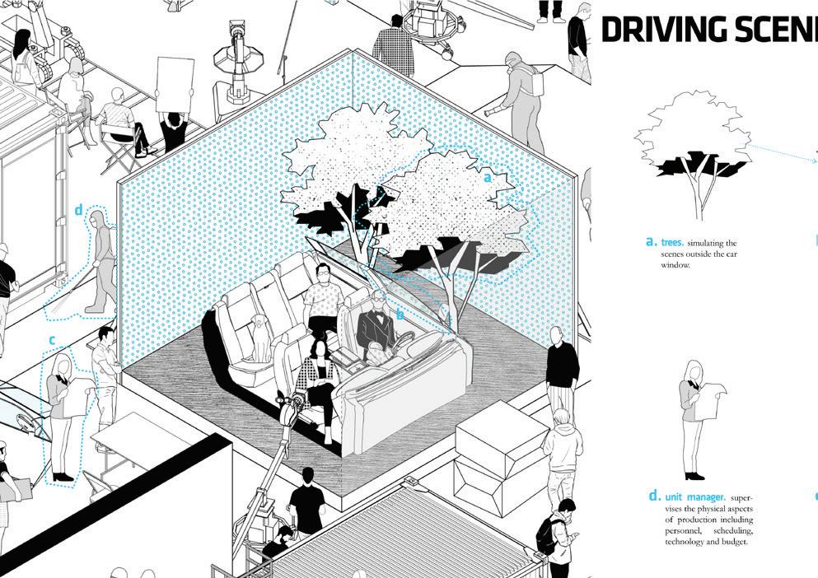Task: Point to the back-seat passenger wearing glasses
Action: (x=323, y=301)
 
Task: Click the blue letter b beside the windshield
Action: (x=400, y=315)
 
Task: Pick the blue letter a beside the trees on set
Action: (x=487, y=177)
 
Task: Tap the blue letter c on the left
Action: (x=52, y=340)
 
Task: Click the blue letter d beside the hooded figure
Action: (x=79, y=211)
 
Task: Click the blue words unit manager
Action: (x=695, y=497)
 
